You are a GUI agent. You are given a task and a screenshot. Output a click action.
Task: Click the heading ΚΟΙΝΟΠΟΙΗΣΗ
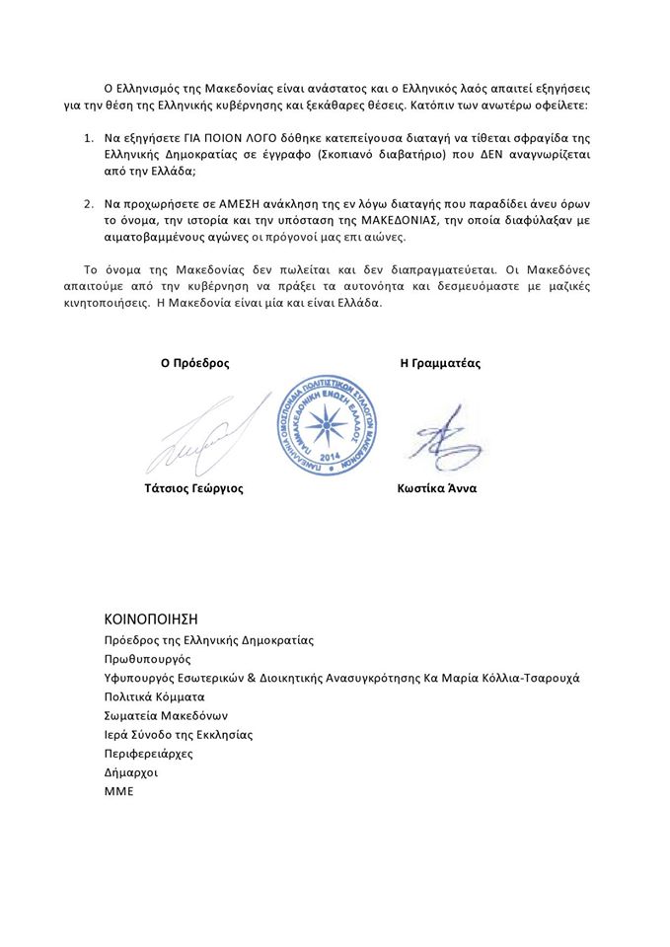click(151, 619)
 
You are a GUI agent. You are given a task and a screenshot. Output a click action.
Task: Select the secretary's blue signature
click(441, 435)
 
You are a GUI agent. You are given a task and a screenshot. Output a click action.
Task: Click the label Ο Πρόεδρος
click(195, 363)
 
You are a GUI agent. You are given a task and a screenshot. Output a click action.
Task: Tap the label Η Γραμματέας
click(440, 363)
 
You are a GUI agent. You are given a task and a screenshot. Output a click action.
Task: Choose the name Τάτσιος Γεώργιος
click(194, 488)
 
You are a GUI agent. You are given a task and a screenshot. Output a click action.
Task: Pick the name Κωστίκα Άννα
click(437, 488)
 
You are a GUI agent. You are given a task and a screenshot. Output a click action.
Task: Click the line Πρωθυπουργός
click(147, 659)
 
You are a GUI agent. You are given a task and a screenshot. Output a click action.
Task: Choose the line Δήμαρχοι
click(130, 772)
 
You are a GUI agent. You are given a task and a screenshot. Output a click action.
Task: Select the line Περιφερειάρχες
click(148, 754)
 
